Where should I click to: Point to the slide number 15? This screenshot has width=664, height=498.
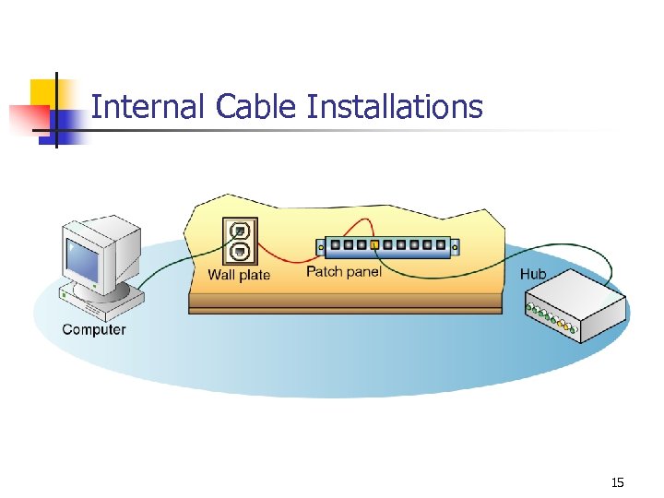tap(617, 482)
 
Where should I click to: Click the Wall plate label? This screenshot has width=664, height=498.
tap(239, 275)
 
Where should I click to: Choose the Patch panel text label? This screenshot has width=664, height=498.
tap(343, 272)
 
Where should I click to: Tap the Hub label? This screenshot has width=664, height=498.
tap(533, 274)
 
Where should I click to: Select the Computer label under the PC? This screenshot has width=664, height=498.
tap(94, 329)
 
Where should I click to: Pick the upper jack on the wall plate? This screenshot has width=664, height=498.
tap(240, 231)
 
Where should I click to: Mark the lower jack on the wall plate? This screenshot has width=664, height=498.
tap(240, 251)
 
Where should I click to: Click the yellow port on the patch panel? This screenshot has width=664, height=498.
tap(374, 246)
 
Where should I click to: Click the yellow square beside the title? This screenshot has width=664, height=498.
tap(43, 93)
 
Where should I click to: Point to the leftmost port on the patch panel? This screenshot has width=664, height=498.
tap(334, 246)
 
